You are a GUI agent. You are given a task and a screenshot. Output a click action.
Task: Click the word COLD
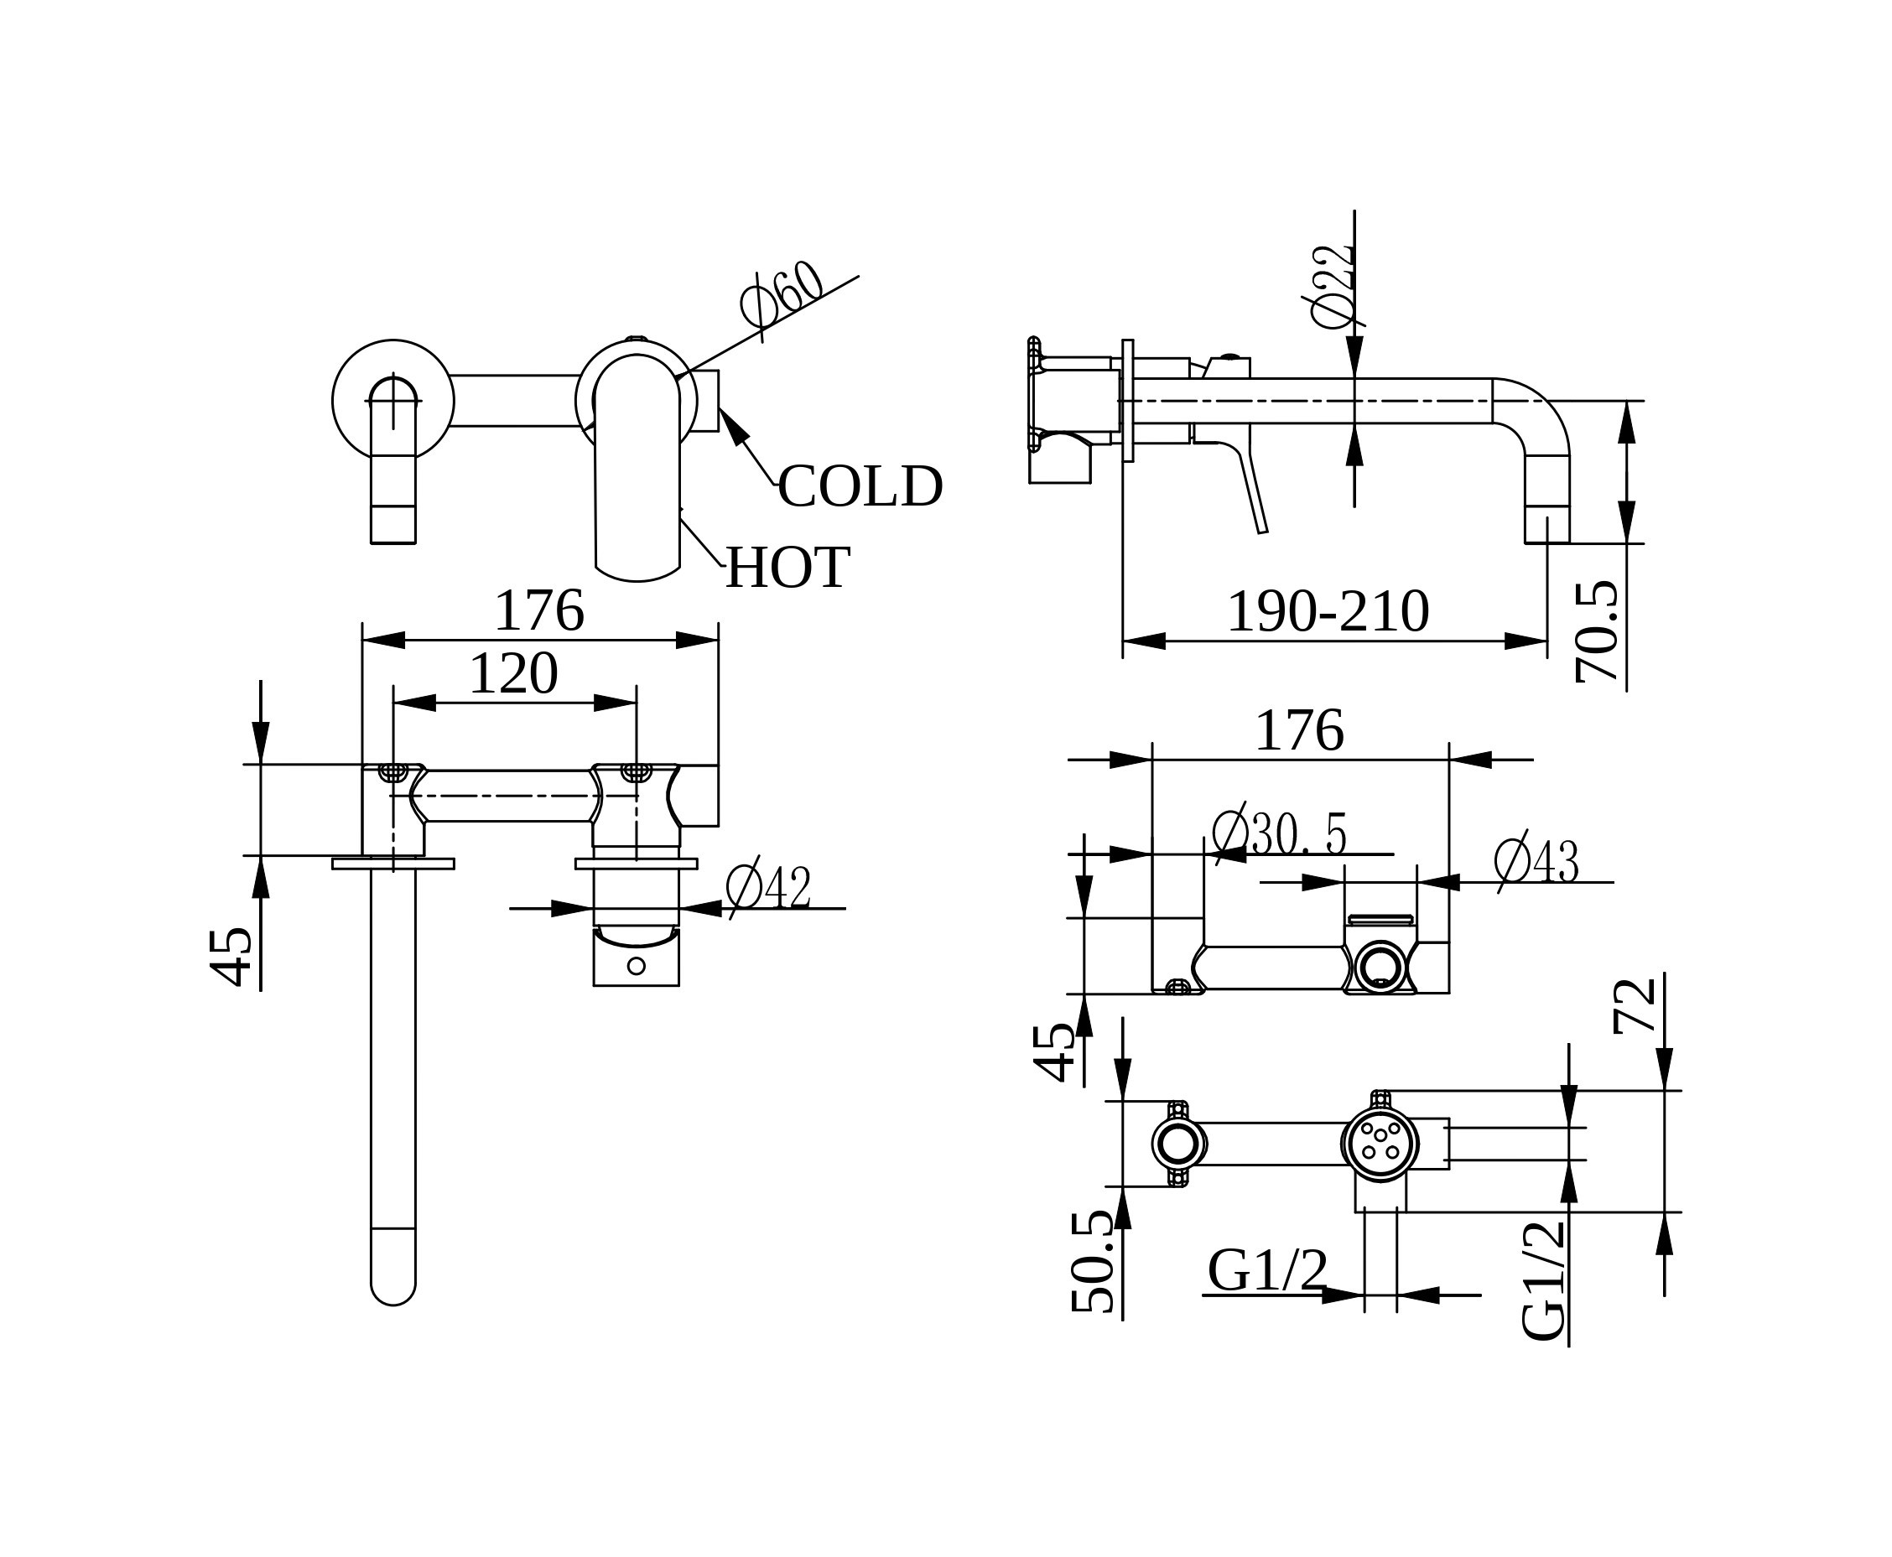coord(860,487)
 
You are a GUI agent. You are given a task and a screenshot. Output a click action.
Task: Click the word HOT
coord(787,568)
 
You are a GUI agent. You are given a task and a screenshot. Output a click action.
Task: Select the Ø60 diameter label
coord(782,293)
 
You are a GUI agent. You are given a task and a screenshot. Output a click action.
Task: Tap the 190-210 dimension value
coord(1327,613)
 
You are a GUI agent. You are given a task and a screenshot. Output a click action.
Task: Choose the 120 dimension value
coord(513,674)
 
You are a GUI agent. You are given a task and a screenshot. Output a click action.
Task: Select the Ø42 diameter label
coord(768,888)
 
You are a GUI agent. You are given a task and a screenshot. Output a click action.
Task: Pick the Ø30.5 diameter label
coord(1278,834)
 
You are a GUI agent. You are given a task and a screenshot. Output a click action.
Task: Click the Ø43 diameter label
coord(1535,861)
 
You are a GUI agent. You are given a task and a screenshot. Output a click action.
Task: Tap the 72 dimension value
coord(1634,1006)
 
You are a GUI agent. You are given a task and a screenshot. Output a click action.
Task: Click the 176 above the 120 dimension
coord(538,612)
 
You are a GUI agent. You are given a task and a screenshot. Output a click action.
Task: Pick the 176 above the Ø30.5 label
coord(1298,732)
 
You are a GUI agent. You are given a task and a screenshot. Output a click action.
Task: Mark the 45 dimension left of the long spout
coord(231,957)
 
